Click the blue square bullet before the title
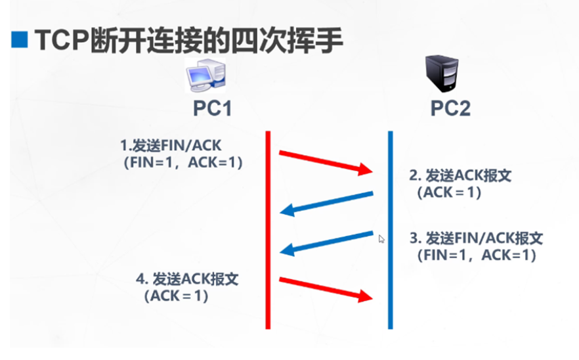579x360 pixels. [x=20, y=41]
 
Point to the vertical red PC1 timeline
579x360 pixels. [x=268, y=230]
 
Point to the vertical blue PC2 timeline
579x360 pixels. [x=390, y=230]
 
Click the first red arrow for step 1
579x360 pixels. [x=326, y=163]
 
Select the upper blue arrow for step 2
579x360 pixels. [x=326, y=202]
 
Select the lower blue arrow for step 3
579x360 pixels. [x=326, y=241]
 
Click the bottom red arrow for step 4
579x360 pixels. [x=326, y=289]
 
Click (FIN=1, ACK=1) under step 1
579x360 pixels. [x=182, y=163]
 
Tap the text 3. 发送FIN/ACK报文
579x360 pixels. [x=476, y=237]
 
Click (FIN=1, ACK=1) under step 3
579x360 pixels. [x=476, y=255]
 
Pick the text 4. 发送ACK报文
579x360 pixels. [x=187, y=279]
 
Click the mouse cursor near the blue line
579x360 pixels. [x=381, y=239]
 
